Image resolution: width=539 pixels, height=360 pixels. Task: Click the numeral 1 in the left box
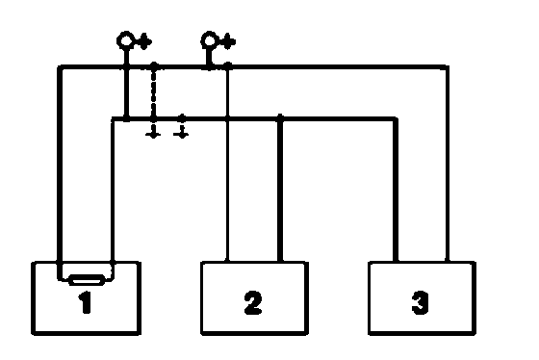tap(85, 302)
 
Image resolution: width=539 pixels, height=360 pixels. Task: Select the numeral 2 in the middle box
tap(253, 302)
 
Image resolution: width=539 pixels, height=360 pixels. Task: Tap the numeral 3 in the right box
tap(420, 302)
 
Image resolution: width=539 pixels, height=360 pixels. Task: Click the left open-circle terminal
tap(125, 40)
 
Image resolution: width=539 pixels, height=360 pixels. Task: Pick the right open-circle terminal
tap(209, 40)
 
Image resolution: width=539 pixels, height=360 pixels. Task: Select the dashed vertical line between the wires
tap(154, 92)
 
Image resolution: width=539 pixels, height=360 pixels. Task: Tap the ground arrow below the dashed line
tap(153, 132)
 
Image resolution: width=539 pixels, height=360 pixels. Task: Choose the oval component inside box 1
tap(87, 280)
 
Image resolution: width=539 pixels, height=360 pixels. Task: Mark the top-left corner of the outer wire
tap(60, 67)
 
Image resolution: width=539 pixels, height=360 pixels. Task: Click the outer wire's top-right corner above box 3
tap(447, 67)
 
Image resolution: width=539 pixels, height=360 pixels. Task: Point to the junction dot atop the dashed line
tap(154, 65)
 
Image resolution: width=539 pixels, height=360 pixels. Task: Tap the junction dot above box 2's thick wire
tap(280, 117)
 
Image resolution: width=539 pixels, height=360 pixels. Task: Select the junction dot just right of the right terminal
tap(227, 65)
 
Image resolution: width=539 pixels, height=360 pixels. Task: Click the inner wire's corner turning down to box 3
tap(396, 119)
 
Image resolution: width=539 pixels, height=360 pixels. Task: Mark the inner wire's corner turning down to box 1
tap(113, 119)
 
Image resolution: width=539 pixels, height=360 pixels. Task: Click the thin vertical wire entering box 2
tap(227, 165)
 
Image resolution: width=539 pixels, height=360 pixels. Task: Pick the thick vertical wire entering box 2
tap(280, 190)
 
